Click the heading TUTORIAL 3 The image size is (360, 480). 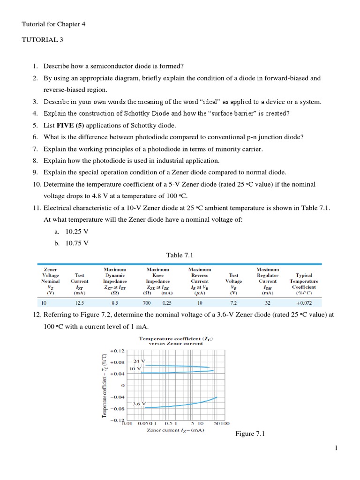[x=42, y=40]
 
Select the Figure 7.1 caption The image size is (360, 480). [x=250, y=434]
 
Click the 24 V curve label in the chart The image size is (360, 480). [x=139, y=361]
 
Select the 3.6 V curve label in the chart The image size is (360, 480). [x=139, y=403]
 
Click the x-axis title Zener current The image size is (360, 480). [x=175, y=430]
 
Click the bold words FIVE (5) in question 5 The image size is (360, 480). [x=72, y=125]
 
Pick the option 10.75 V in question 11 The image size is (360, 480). [x=77, y=243]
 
